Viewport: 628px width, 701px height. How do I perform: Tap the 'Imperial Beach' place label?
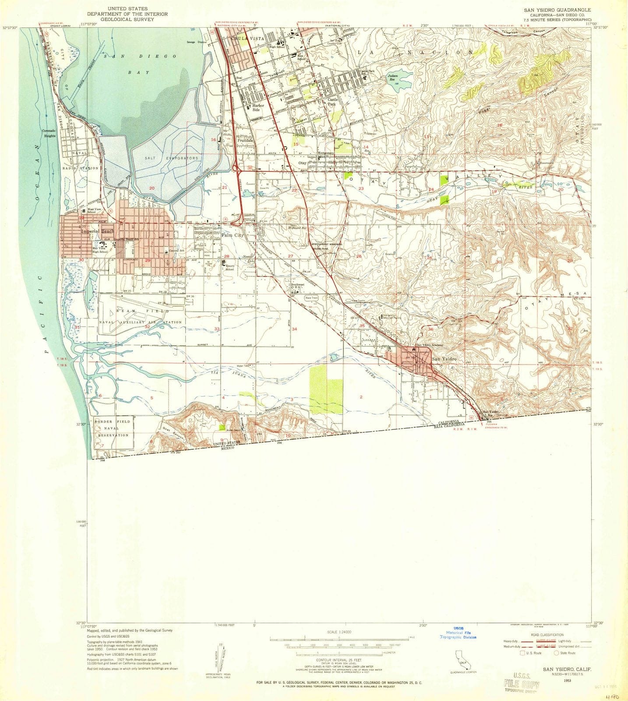pyautogui.click(x=97, y=231)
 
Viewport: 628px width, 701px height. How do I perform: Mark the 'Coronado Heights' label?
pyautogui.click(x=49, y=134)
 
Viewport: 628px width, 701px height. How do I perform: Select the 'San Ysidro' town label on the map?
pyautogui.click(x=444, y=359)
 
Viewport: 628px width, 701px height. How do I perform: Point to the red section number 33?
pyautogui.click(x=217, y=329)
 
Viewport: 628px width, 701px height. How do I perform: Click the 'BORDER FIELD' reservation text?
pyautogui.click(x=112, y=421)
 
